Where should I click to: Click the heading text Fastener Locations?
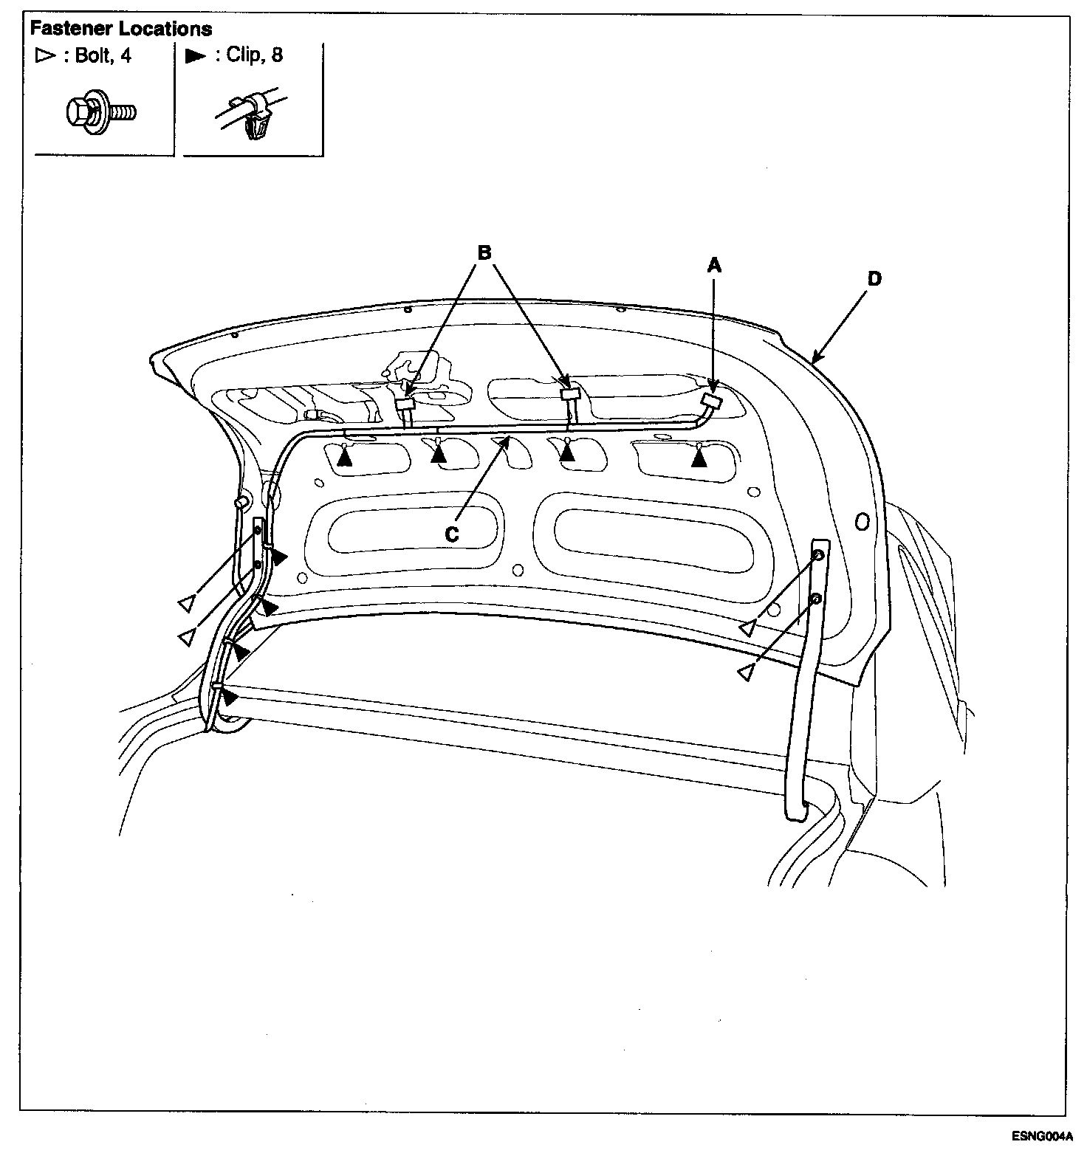[x=120, y=29]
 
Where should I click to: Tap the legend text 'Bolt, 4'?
[x=103, y=56]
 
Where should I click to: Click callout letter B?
[x=484, y=253]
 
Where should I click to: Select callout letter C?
[x=452, y=534]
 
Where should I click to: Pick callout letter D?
[x=874, y=278]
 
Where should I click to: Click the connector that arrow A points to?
[x=710, y=402]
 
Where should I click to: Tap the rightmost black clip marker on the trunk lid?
[x=699, y=460]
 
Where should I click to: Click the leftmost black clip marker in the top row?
[x=344, y=459]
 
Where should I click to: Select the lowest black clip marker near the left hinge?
[x=230, y=696]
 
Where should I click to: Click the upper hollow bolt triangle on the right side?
[x=748, y=628]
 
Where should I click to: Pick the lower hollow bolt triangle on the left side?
[x=188, y=637]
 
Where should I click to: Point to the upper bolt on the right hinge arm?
[x=818, y=554]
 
